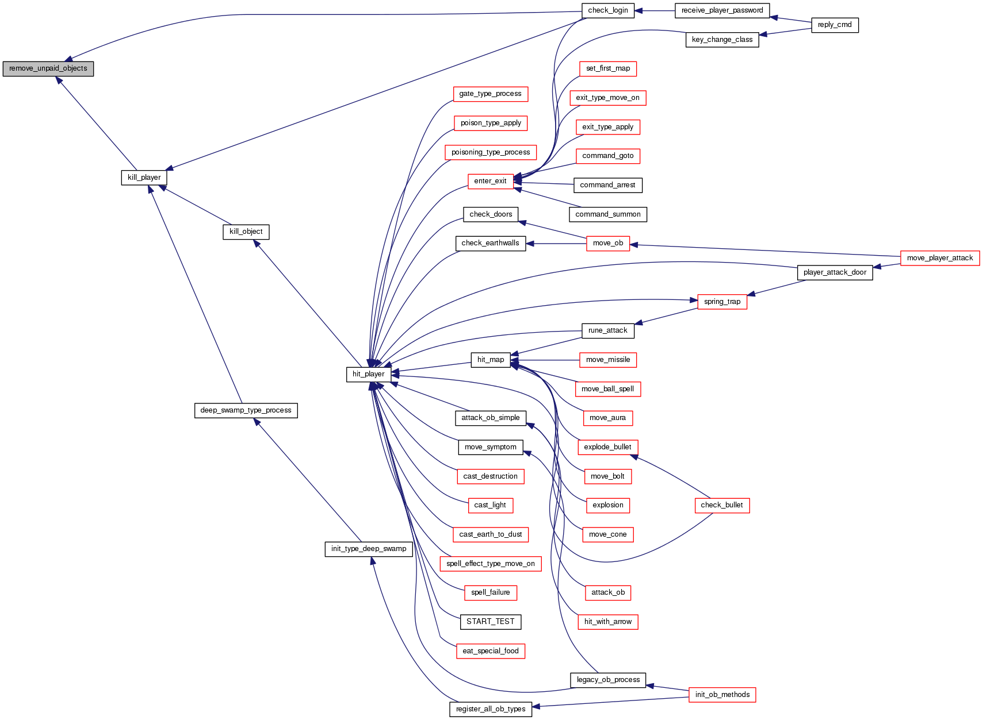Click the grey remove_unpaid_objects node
pyautogui.click(x=48, y=68)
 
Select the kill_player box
pyautogui.click(x=144, y=178)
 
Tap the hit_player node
pyautogui.click(x=368, y=374)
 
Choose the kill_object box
pyautogui.click(x=246, y=232)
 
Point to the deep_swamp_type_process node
pyautogui.click(x=246, y=410)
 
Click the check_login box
pyautogui.click(x=607, y=10)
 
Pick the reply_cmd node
pyautogui.click(x=834, y=25)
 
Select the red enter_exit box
pyautogui.click(x=490, y=181)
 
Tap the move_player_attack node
pyautogui.click(x=939, y=258)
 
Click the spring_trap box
pyautogui.click(x=722, y=302)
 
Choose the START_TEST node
pyautogui.click(x=490, y=622)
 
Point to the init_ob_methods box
pyautogui.click(x=722, y=695)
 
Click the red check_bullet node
pyautogui.click(x=722, y=505)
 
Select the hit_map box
pyautogui.click(x=490, y=360)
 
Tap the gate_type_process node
pyautogui.click(x=490, y=94)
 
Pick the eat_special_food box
pyautogui.click(x=490, y=651)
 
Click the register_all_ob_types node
pyautogui.click(x=490, y=709)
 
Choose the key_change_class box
pyautogui.click(x=722, y=40)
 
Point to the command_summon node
pyautogui.click(x=607, y=214)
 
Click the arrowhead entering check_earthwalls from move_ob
pyautogui.click(x=530, y=244)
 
